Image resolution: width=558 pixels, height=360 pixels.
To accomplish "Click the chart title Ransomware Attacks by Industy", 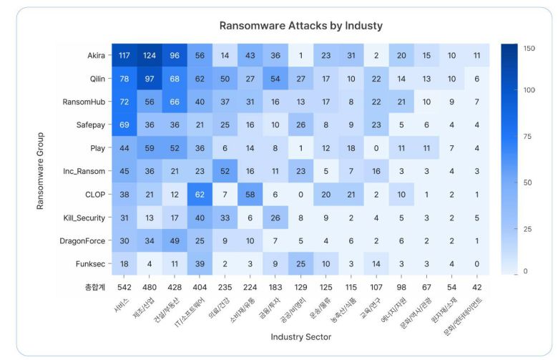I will [300, 26].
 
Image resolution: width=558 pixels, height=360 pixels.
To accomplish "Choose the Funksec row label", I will [90, 264].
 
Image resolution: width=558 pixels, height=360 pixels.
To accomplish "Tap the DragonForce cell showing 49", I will [175, 240].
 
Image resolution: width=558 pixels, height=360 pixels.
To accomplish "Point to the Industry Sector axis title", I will [300, 336].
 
